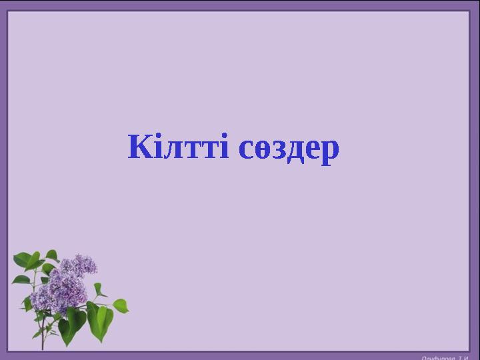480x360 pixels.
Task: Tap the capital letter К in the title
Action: click(x=139, y=147)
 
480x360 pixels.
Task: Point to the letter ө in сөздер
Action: click(x=261, y=151)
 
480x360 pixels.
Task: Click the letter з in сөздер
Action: click(x=278, y=151)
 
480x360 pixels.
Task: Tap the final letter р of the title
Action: click(x=329, y=153)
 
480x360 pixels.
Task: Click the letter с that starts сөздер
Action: click(x=245, y=151)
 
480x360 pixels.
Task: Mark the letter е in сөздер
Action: click(x=312, y=151)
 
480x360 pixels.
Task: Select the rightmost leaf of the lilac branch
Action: click(x=120, y=305)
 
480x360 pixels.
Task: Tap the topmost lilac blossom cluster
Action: click(x=85, y=264)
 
